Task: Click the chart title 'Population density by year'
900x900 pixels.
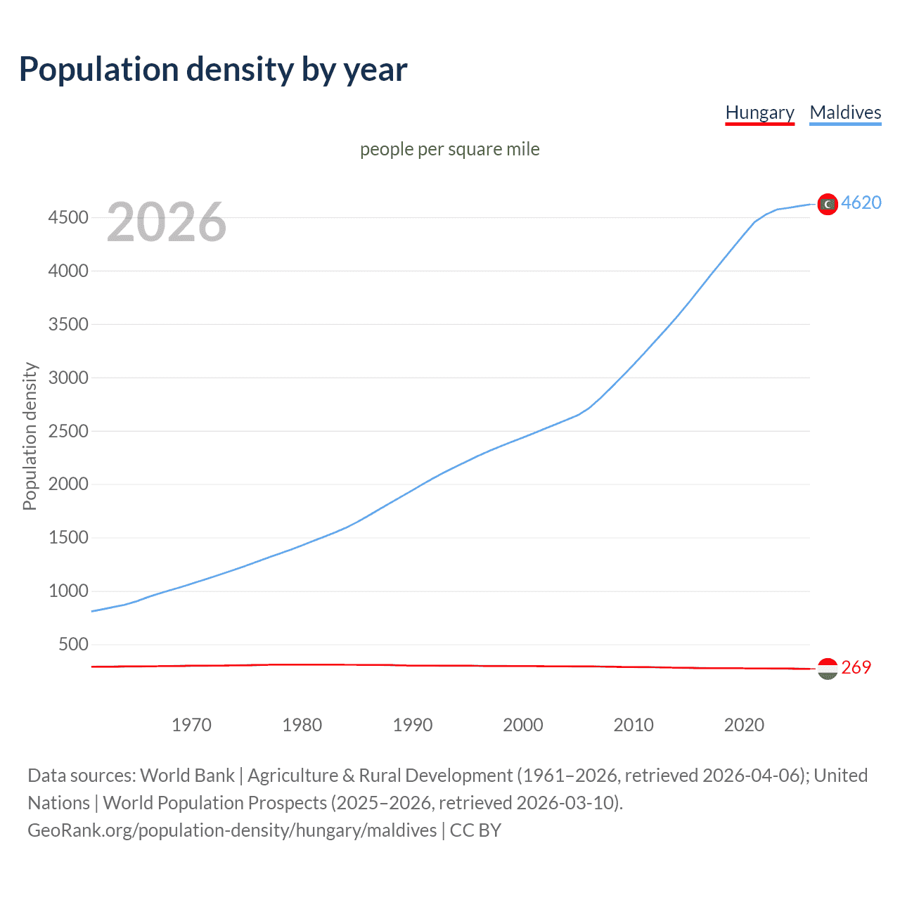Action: click(213, 70)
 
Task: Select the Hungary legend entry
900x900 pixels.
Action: click(759, 112)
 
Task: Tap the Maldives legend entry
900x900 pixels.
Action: click(845, 112)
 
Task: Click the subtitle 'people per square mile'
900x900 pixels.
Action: click(449, 149)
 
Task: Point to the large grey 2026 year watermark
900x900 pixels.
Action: click(167, 222)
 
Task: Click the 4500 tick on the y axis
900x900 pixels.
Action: click(68, 218)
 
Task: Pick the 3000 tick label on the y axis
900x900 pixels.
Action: click(68, 378)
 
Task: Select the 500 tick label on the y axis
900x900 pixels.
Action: click(73, 644)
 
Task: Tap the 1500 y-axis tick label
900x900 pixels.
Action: click(68, 538)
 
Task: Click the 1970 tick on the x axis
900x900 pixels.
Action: click(191, 725)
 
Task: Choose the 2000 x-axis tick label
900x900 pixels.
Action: click(522, 725)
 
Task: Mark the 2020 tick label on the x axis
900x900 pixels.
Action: click(744, 725)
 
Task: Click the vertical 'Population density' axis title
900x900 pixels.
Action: click(30, 436)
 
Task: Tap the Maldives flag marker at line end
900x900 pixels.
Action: click(828, 204)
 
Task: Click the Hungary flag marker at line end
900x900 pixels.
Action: click(828, 669)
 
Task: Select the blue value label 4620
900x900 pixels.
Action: click(861, 202)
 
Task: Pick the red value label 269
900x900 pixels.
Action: click(856, 667)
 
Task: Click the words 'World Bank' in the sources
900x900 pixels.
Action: click(187, 776)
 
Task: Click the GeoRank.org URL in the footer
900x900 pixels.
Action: click(232, 830)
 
